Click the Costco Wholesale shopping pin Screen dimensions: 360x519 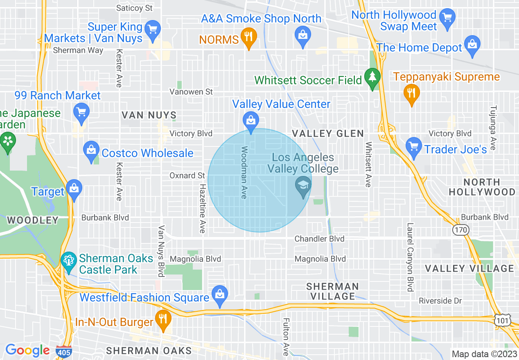click(x=91, y=151)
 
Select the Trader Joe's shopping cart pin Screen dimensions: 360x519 click(x=414, y=147)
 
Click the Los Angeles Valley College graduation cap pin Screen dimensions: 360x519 click(x=303, y=187)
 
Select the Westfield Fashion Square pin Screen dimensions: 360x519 click(x=220, y=295)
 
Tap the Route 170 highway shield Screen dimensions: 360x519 click(x=460, y=230)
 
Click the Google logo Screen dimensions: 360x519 click(x=27, y=351)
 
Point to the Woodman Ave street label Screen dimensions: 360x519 click(x=244, y=173)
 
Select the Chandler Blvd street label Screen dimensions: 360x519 click(x=320, y=239)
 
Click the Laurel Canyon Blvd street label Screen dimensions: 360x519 click(x=410, y=257)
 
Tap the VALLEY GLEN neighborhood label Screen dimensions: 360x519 click(x=327, y=134)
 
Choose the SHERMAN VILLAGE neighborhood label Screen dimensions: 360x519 click(x=332, y=291)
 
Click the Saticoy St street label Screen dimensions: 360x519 click(x=134, y=8)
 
